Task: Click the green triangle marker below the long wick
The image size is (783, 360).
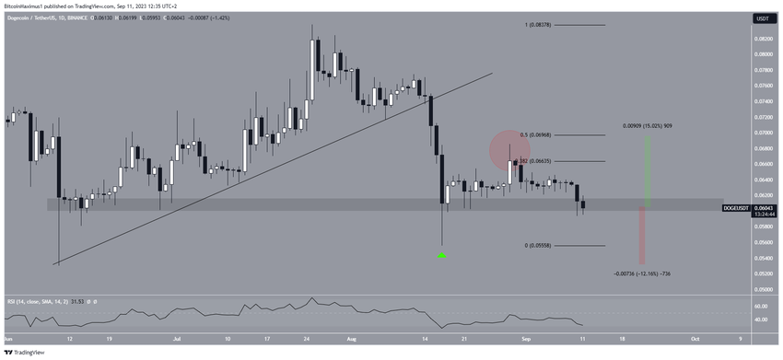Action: coord(442,254)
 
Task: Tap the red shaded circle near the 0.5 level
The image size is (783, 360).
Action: coord(508,148)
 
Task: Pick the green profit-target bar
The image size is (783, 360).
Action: coord(647,171)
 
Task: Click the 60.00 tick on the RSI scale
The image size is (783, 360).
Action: coord(762,305)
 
